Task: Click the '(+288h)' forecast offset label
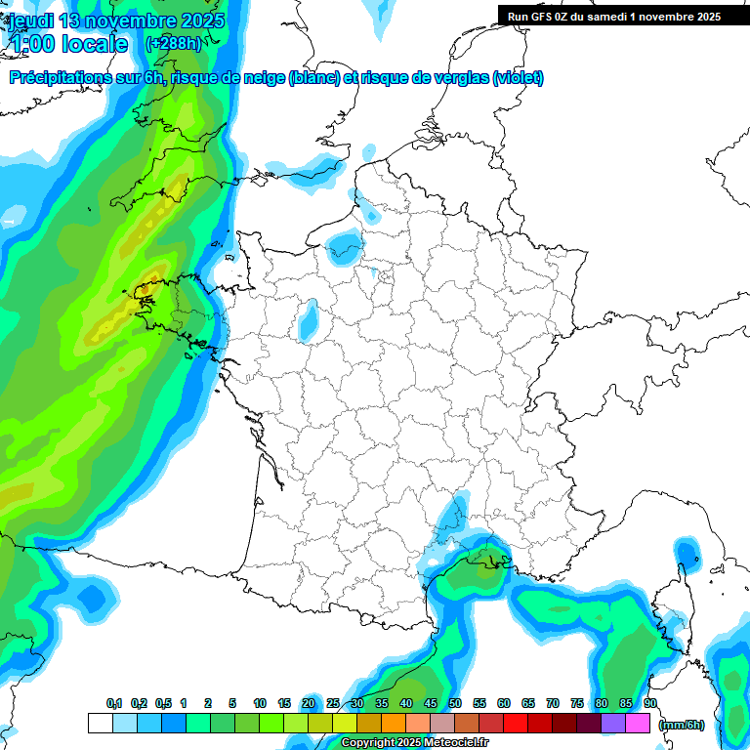coord(173,44)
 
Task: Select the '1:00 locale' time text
coord(67,44)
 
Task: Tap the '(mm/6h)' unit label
coord(681,725)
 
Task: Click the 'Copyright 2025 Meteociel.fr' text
coord(414,743)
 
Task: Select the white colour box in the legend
coord(100,724)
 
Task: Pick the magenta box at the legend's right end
coord(638,724)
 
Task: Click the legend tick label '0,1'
coord(114,704)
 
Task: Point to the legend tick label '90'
coord(649,704)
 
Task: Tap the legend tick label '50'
coord(455,704)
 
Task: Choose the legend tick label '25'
coord(333,704)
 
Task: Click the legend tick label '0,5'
coord(163,704)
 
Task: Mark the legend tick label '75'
coord(576,704)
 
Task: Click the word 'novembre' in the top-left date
coord(133,21)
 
